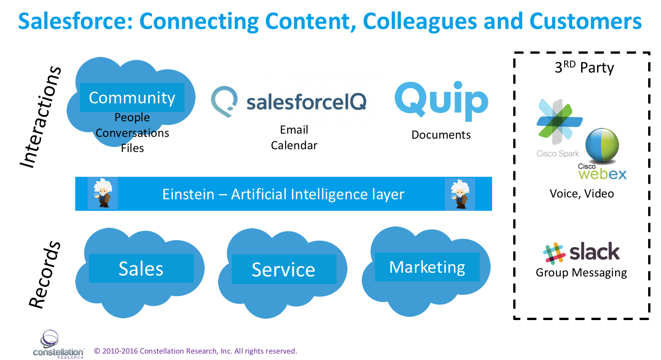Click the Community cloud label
coord(132,98)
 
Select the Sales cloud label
coord(141,269)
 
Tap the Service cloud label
coord(283,270)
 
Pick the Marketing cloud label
coord(427,267)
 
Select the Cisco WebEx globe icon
coord(602,146)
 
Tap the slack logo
coord(582,253)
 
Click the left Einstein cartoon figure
coord(102,193)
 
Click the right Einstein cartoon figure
coord(459,193)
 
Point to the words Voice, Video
coord(582,193)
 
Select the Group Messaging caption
coord(581,273)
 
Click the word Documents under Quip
coord(441,135)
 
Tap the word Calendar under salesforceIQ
coord(294,146)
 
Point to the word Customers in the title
coord(585,21)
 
